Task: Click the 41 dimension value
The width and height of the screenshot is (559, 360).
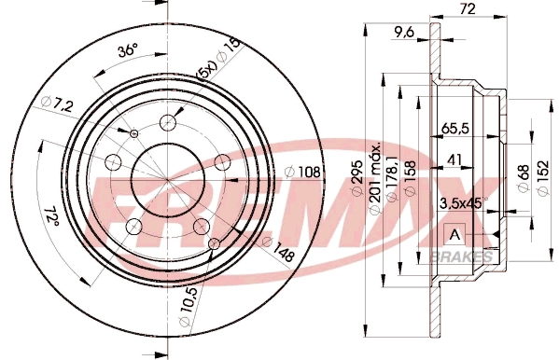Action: pos(454,159)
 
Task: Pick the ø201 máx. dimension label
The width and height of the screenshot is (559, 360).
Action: pos(375,177)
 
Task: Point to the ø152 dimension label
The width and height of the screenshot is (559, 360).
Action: pos(543,177)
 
